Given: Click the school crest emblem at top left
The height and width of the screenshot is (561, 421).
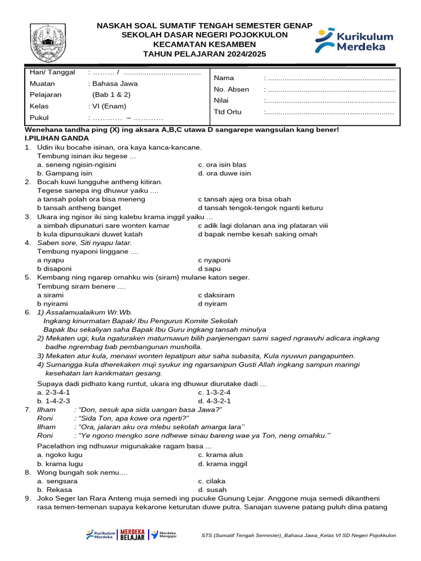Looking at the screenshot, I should point(48,43).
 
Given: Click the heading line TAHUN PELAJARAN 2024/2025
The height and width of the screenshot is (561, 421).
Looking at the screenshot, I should point(204,54).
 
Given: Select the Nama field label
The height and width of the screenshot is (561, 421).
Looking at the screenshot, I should point(223,78).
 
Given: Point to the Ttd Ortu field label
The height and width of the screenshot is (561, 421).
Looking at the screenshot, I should point(227,112).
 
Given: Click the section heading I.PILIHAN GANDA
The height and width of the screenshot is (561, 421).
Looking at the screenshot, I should point(57,138).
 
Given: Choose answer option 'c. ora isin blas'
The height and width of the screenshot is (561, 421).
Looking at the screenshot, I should point(222,164).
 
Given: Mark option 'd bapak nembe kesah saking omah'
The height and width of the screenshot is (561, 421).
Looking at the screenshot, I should point(257,234).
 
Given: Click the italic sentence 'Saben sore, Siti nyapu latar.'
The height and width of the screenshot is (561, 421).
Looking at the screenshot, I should point(84,243).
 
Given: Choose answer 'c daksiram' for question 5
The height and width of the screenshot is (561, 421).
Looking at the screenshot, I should point(216,295).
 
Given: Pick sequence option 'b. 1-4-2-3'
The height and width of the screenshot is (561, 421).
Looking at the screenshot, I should point(53,401).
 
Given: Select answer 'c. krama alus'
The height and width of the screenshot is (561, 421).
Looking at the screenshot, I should point(220,455).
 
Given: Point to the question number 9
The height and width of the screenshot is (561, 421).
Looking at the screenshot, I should point(28,499).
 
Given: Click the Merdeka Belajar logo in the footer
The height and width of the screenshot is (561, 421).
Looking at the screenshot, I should point(132,534).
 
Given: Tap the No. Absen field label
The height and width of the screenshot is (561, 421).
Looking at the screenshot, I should point(231,89).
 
